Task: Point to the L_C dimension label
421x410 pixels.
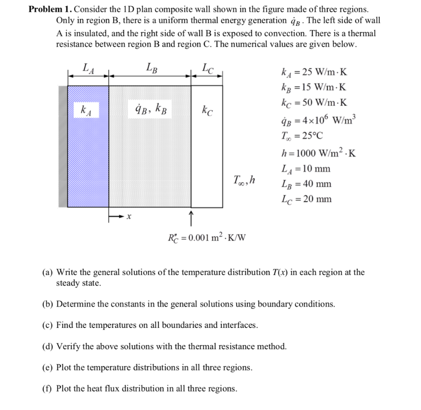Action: click(208, 68)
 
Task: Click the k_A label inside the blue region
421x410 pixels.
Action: click(86, 110)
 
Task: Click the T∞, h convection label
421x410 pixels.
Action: click(244, 180)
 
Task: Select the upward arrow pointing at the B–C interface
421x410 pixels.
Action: click(192, 218)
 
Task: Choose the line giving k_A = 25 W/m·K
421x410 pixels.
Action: click(314, 73)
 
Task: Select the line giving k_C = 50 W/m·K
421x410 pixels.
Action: click(314, 103)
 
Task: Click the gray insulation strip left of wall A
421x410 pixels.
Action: click(63, 147)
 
